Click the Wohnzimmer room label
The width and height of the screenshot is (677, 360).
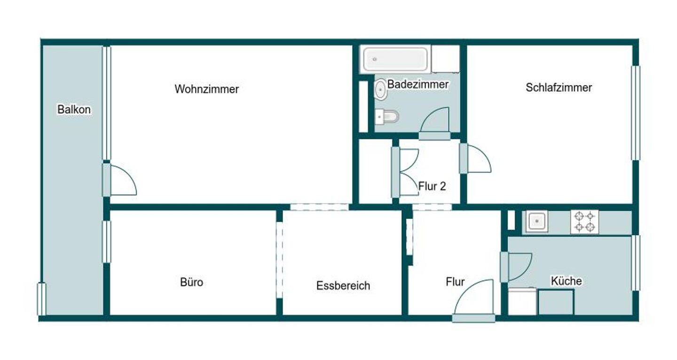[207, 89]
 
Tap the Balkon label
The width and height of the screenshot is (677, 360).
[74, 110]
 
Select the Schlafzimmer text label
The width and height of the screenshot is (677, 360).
[559, 87]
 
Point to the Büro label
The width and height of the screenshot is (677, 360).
[192, 282]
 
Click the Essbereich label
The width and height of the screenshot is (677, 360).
[343, 285]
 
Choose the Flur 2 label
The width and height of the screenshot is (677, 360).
[432, 186]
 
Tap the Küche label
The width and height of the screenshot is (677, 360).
[566, 281]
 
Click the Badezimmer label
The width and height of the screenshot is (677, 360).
[418, 85]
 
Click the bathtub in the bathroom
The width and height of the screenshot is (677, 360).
[395, 59]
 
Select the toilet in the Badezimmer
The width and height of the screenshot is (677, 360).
[387, 116]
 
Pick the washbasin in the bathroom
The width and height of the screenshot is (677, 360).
[380, 89]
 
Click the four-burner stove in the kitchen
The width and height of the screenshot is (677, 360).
[584, 222]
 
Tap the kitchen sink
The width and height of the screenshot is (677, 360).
[537, 221]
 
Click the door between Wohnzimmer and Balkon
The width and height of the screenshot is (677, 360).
[120, 180]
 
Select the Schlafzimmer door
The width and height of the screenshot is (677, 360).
[476, 159]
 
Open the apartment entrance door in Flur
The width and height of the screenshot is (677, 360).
[474, 301]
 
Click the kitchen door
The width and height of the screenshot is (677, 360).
[516, 267]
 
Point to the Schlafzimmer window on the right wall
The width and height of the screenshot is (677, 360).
[636, 113]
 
